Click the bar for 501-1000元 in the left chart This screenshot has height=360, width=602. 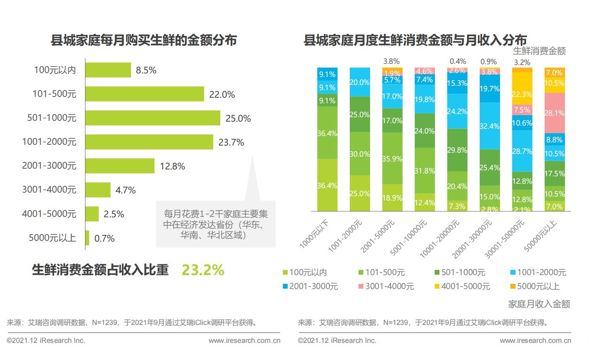click(153, 118)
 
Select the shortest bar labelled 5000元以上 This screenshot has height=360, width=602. click(87, 238)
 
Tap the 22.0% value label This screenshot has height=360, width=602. click(222, 94)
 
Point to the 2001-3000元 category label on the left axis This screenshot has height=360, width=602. click(49, 165)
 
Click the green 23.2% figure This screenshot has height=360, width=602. click(203, 270)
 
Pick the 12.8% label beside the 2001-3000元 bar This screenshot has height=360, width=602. click(172, 166)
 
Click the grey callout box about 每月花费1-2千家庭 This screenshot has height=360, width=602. click(216, 224)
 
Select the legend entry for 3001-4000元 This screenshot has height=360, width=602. click(386, 286)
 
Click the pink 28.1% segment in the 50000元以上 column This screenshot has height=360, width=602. click(555, 113)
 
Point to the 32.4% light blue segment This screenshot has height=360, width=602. click(489, 126)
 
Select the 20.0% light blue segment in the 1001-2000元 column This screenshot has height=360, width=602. click(360, 82)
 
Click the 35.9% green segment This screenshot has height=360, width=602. click(392, 158)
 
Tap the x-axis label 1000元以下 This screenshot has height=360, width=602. click(314, 234)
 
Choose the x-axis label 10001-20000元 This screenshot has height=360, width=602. click(439, 238)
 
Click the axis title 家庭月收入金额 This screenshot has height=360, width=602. click(539, 304)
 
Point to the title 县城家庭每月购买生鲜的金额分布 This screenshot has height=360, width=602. click(144, 40)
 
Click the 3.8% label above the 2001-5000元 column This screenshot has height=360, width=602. click(391, 61)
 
